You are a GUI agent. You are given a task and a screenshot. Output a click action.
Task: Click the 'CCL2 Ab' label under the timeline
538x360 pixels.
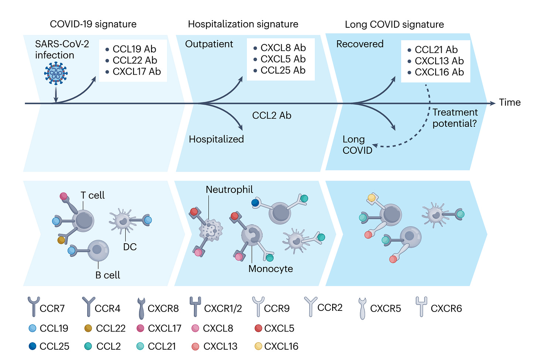[272, 116]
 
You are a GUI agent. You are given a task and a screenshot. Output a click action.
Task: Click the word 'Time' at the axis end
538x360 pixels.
[510, 102]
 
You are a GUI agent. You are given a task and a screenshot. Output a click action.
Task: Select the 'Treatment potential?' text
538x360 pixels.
[455, 118]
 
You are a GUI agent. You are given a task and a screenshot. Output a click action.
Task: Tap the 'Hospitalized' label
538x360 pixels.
[216, 139]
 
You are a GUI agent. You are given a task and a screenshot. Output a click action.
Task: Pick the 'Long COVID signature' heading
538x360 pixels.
[394, 24]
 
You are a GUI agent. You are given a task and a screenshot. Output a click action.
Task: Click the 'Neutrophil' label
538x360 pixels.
[229, 190]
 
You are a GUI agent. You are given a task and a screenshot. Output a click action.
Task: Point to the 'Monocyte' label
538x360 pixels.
[270, 269]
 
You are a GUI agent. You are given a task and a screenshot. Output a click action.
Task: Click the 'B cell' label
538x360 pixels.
[108, 275]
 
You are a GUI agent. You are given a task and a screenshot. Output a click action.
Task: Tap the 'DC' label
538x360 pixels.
[130, 247]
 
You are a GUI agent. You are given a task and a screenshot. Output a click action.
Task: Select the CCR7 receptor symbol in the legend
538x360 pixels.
[34, 306]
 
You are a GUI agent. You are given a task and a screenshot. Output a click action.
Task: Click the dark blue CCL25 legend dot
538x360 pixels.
[33, 346]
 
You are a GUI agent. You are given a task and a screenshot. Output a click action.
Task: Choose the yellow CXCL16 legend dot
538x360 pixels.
[258, 346]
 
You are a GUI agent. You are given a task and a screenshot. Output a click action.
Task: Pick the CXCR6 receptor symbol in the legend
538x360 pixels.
[421, 306]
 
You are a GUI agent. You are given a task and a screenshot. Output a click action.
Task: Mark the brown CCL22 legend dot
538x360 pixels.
[88, 328]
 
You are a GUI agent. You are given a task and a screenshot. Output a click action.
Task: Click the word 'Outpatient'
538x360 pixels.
[209, 44]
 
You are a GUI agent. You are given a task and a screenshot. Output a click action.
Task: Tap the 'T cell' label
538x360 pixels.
[92, 195]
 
